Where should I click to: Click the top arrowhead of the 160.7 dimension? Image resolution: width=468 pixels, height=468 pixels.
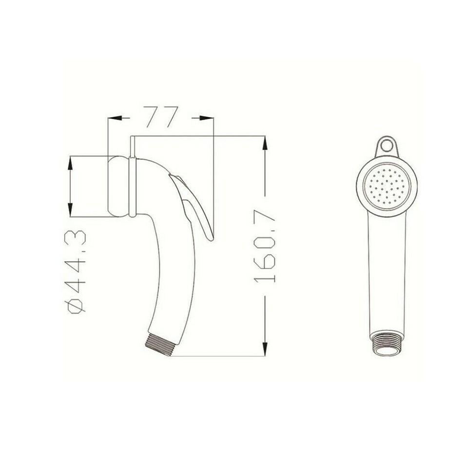[265, 143]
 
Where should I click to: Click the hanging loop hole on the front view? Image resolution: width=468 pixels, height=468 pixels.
[387, 145]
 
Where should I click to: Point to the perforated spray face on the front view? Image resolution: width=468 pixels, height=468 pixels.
[387, 186]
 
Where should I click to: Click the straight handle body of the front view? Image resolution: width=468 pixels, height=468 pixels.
[387, 273]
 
